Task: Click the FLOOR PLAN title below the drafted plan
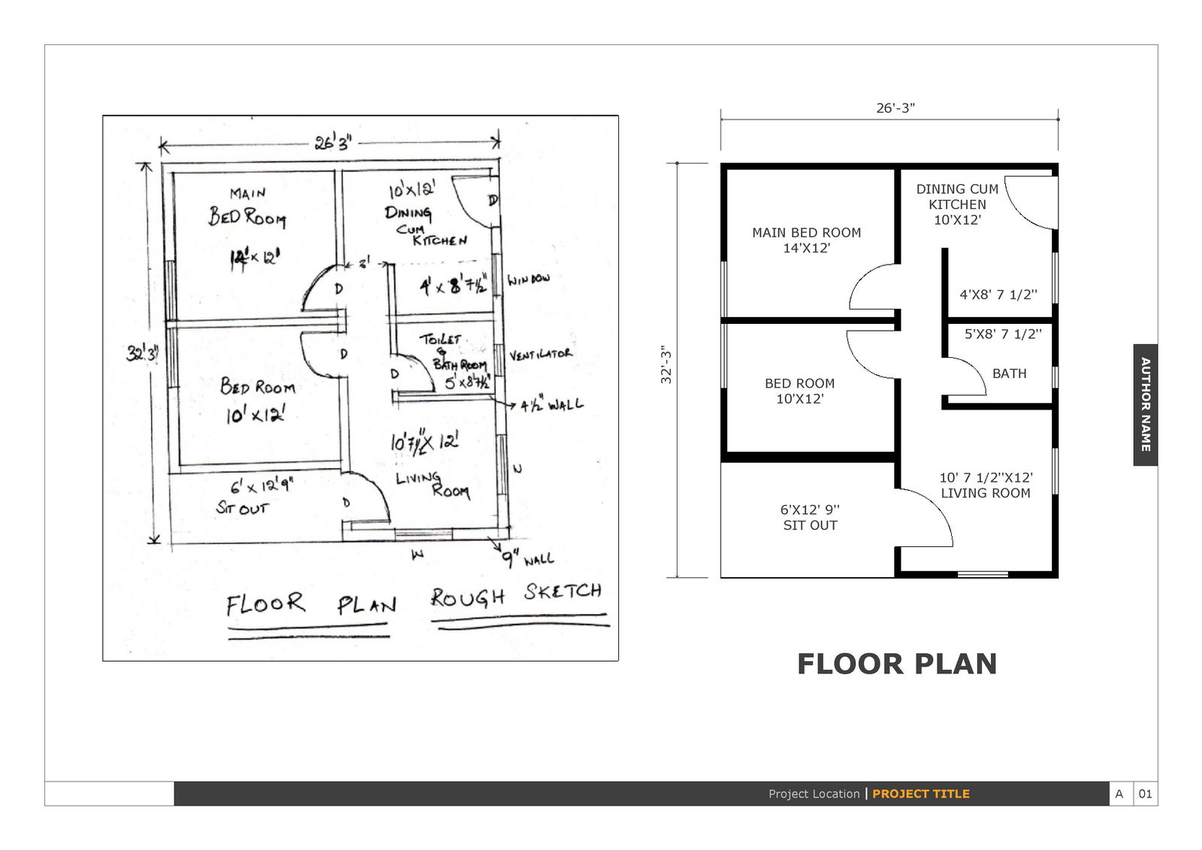896,664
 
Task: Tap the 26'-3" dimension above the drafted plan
895,108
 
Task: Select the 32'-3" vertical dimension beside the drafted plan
666,365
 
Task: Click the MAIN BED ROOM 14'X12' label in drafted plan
806,240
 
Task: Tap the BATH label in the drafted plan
1009,374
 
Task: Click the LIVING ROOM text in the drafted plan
985,493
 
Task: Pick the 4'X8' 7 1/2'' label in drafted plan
998,295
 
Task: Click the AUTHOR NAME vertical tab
1145,404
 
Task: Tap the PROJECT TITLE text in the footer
920,794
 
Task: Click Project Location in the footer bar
814,794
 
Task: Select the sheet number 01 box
1145,794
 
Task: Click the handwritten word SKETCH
563,592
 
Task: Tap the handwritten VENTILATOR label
540,354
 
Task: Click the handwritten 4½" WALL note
551,405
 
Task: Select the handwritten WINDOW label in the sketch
528,280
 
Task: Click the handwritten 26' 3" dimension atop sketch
333,142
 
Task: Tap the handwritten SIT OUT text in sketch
241,509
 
